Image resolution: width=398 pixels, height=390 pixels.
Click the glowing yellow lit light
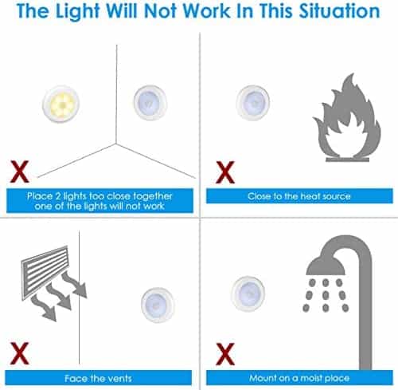(x=61, y=104)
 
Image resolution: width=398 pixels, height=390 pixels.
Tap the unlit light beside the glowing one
(x=150, y=103)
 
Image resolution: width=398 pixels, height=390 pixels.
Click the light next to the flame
(x=253, y=103)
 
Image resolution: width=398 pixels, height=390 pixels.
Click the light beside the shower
(x=248, y=293)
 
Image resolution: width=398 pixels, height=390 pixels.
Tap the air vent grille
(x=45, y=272)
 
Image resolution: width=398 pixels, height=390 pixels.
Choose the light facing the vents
(x=158, y=305)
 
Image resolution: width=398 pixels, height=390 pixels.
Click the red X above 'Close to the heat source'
(x=225, y=172)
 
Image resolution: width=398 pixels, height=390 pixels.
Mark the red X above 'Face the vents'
(x=19, y=353)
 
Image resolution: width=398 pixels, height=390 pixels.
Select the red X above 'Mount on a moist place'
(x=225, y=354)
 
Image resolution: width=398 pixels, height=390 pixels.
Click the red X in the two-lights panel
(x=19, y=171)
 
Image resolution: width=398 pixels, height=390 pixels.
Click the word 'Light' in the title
(x=77, y=12)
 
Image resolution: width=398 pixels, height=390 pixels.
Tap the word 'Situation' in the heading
(x=340, y=11)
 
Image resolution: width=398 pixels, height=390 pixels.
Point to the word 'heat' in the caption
(x=308, y=196)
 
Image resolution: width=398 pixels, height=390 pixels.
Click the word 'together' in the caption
(x=153, y=196)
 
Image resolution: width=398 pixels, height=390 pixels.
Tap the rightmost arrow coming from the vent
(x=75, y=285)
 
